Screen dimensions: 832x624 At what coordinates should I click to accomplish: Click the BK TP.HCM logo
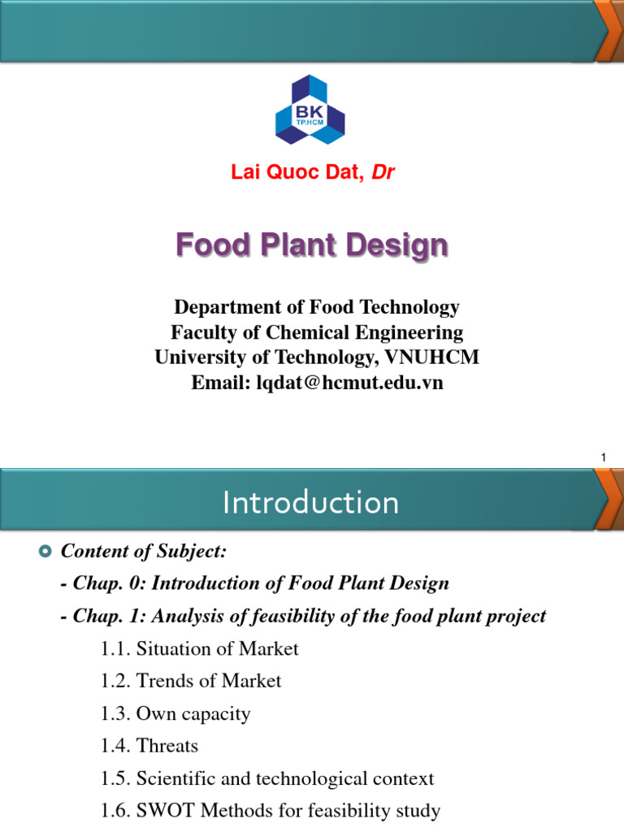point(311,110)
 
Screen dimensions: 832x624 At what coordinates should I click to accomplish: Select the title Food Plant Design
point(311,245)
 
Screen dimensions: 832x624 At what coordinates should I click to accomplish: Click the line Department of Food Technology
point(317,308)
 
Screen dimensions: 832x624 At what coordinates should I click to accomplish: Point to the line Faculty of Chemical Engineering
point(317,332)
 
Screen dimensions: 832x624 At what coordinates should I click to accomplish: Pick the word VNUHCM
point(443,357)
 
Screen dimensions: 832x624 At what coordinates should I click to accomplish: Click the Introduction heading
point(311,503)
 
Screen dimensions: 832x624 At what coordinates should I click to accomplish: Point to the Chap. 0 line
point(255,583)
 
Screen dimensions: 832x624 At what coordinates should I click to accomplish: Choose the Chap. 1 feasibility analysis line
point(304,616)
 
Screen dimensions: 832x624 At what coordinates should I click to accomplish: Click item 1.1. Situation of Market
point(201,649)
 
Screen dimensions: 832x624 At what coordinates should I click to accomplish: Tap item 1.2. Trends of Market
point(192,681)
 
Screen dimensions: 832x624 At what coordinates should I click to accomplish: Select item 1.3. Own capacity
point(176,714)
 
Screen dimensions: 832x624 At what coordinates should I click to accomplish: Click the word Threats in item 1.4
point(167,746)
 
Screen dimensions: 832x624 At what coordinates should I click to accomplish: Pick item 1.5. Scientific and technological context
point(268,778)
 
